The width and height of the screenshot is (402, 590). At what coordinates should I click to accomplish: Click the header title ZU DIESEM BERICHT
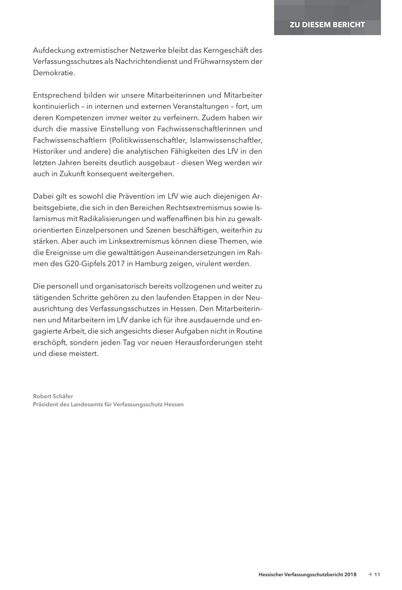point(327,25)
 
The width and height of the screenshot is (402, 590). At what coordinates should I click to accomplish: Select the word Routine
point(248,331)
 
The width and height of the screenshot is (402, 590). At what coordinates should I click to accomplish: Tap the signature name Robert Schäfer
point(53,396)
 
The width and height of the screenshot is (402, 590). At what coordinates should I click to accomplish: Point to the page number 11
point(377,574)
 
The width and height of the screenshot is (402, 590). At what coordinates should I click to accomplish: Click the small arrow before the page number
point(369,574)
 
